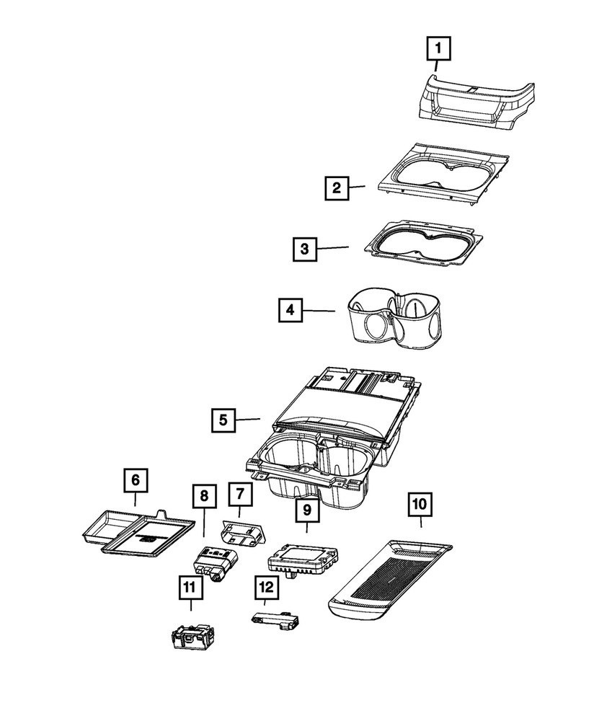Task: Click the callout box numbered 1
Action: tap(439, 50)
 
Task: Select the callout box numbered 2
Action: tap(335, 189)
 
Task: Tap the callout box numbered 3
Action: tap(305, 249)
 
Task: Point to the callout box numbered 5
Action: tap(223, 420)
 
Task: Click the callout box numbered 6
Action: tap(134, 479)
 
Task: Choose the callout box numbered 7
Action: tap(239, 495)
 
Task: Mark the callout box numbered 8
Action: tap(204, 496)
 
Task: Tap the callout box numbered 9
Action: tap(307, 510)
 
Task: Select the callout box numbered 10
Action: tap(420, 503)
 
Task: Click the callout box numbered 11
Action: tap(190, 589)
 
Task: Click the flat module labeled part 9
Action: tap(303, 559)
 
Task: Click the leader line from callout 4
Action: tap(319, 311)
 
